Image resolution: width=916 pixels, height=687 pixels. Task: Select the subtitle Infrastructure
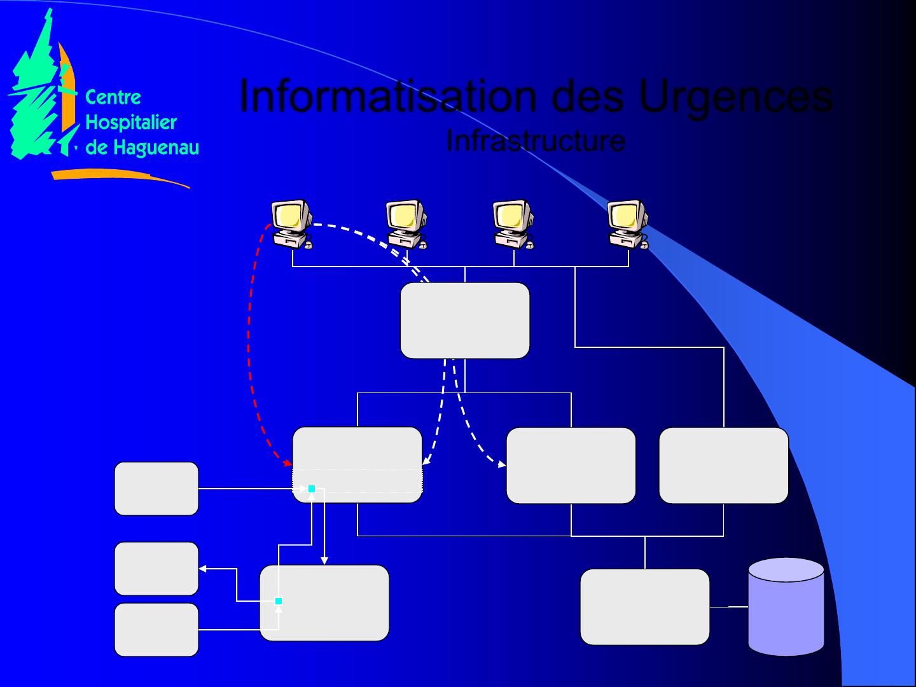point(536,141)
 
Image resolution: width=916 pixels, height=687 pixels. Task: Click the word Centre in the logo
point(113,97)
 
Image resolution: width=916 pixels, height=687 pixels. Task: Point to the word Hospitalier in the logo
point(130,122)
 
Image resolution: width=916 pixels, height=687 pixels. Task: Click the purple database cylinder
point(786,607)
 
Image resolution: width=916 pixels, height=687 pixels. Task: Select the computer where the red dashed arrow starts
point(291,223)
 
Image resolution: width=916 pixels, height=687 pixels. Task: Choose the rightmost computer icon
point(627,223)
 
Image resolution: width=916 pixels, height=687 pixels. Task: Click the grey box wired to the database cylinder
point(644,607)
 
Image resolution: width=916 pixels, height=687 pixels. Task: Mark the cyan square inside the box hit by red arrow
point(312,489)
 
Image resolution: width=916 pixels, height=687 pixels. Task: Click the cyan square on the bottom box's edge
point(279,601)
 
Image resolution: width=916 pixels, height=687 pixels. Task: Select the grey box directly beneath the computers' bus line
point(464,321)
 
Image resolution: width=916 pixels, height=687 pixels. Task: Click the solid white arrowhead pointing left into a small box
point(203,569)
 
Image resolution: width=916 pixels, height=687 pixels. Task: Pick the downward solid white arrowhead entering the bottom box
point(324,560)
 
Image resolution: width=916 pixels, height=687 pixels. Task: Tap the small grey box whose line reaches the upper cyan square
point(156,489)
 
